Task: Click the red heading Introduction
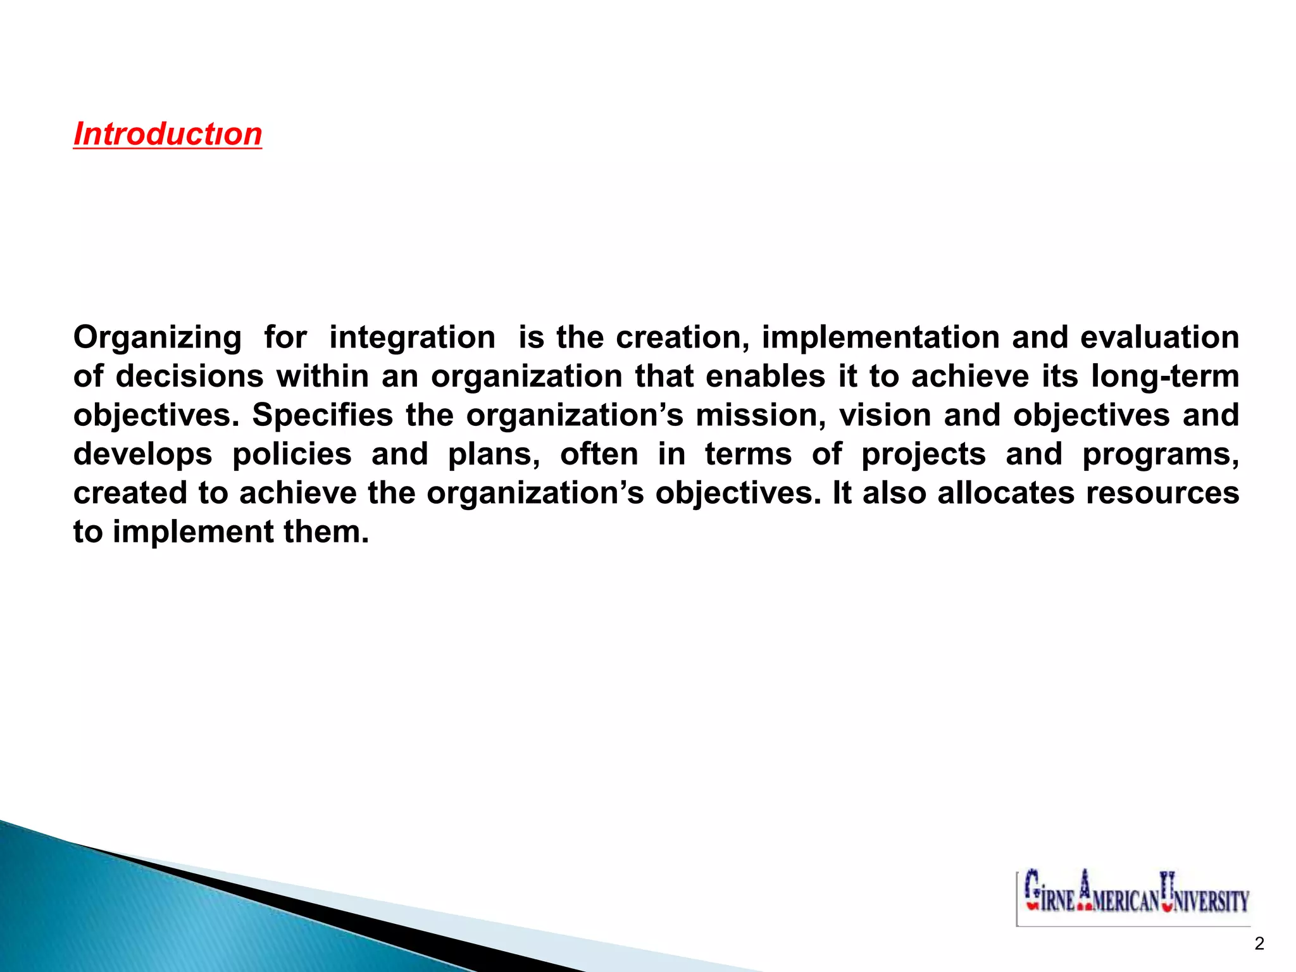168,134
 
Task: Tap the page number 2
1259,944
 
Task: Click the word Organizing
158,337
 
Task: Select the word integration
412,337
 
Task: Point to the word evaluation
1159,337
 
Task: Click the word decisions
189,377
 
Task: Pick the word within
323,377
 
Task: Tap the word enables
765,377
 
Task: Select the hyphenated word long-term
1165,377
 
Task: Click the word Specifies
323,416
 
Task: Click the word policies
292,454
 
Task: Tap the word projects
923,454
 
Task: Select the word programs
1161,454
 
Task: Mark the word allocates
1006,493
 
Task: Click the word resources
1162,493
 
